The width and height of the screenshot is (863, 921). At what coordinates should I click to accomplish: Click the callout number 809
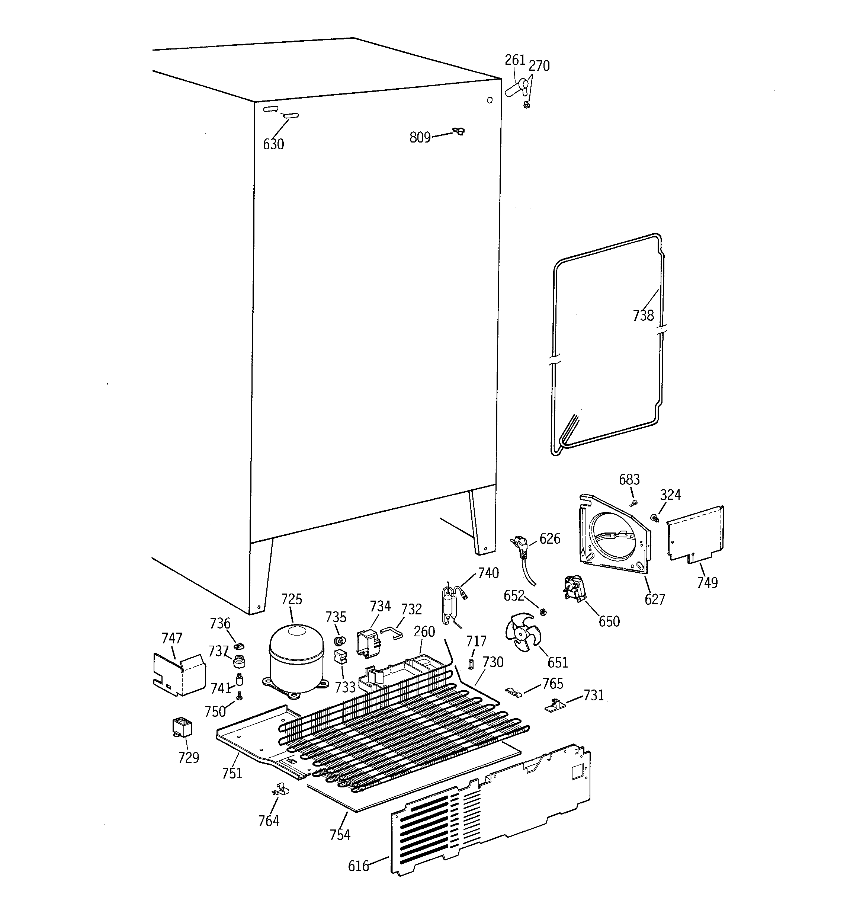tap(420, 137)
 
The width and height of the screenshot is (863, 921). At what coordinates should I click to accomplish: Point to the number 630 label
tap(273, 144)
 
